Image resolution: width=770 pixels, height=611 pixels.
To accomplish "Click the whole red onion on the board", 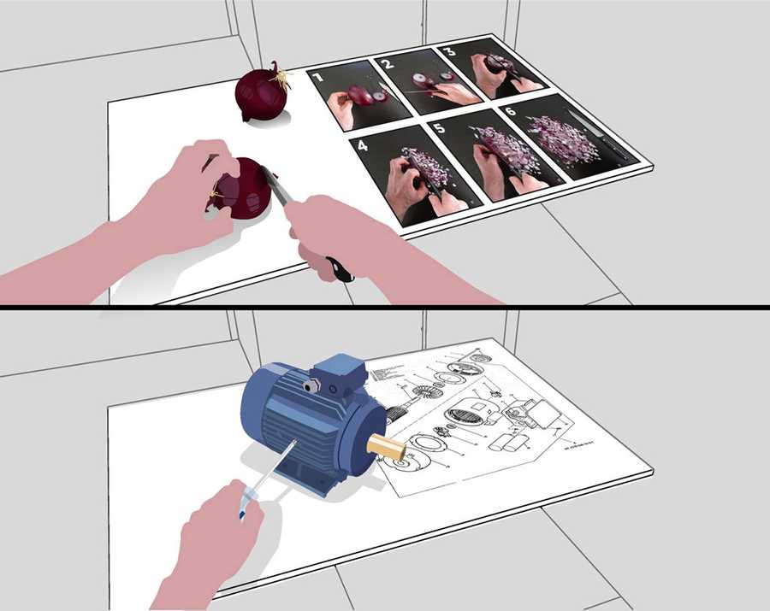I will coord(260,96).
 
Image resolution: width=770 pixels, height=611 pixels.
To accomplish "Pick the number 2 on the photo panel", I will coord(387,64).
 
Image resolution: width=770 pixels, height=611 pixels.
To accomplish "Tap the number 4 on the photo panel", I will coord(362,145).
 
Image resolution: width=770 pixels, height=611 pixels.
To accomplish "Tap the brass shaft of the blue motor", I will coord(388,446).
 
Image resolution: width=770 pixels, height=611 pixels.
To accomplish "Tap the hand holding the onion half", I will coord(184,192).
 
